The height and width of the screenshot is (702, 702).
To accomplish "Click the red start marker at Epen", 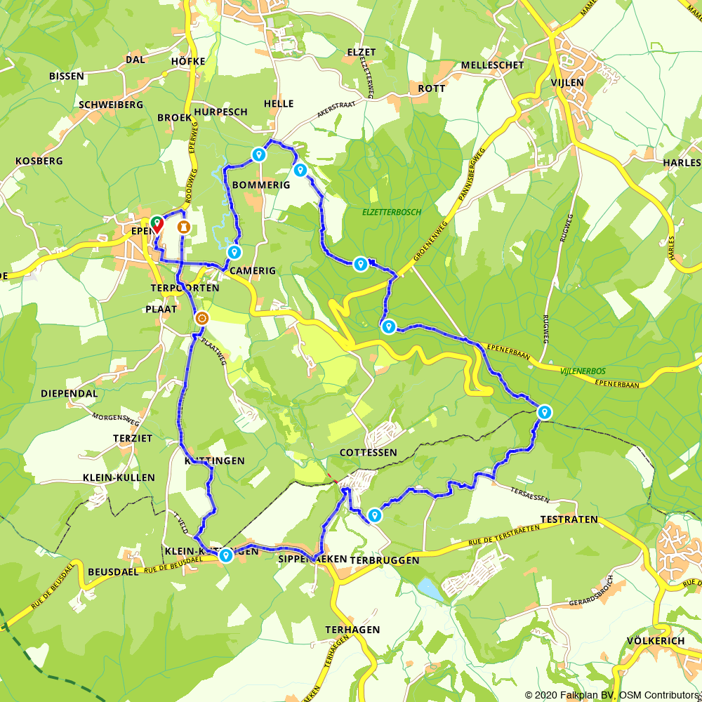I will [157, 223].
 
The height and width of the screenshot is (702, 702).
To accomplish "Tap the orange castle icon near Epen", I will [184, 226].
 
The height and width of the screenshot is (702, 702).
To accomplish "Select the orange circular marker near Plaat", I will [201, 318].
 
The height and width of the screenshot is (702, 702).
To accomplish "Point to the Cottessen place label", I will [368, 453].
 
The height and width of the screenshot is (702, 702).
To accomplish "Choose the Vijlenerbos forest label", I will [583, 371].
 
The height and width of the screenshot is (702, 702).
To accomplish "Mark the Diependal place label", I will [69, 393].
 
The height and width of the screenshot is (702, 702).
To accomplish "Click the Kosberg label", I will [39, 161].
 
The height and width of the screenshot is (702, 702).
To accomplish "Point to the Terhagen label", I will [353, 630].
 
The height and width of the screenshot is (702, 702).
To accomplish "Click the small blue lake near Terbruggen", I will [430, 590].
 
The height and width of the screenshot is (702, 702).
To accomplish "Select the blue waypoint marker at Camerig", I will [234, 251].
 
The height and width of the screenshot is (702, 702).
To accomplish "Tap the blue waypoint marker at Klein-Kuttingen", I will [225, 555].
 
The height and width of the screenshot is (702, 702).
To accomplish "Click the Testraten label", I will [569, 519].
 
